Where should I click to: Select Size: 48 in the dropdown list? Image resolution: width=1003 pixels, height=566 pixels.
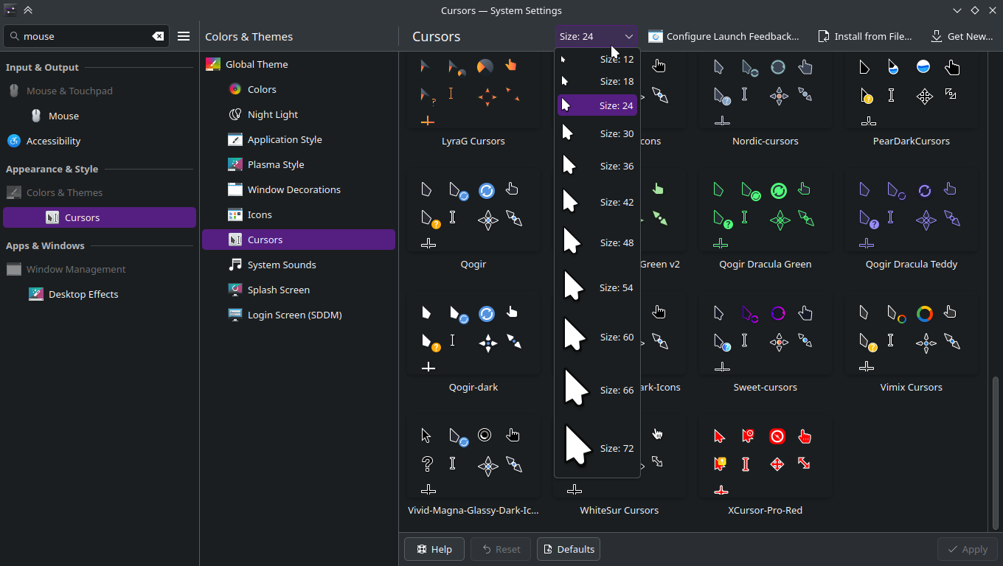click(597, 242)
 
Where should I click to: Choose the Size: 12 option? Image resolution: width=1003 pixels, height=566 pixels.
click(597, 59)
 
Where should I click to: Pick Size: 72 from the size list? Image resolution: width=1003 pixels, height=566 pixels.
click(597, 448)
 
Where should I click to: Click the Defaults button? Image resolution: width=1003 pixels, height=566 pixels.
click(568, 549)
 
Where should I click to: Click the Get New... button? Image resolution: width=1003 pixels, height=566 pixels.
click(961, 36)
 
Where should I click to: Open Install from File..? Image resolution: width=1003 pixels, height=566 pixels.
click(865, 36)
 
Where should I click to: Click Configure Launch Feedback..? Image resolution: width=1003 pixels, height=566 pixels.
click(723, 36)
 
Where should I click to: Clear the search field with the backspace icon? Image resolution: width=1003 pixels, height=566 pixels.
click(158, 36)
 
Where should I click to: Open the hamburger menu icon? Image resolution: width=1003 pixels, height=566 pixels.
click(184, 36)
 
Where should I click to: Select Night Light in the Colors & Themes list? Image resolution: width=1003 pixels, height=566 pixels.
click(273, 114)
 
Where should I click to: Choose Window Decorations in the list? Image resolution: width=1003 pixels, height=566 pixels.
click(294, 189)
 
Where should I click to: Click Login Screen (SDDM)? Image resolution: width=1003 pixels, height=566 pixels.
click(295, 315)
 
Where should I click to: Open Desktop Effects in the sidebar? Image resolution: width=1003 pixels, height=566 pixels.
click(83, 294)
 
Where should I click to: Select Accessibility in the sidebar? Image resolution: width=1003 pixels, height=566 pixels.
click(53, 141)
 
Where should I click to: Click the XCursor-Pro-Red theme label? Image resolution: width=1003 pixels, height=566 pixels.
click(766, 510)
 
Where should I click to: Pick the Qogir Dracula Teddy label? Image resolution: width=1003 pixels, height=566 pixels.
click(912, 264)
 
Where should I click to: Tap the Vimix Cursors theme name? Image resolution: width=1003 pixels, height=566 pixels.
click(912, 387)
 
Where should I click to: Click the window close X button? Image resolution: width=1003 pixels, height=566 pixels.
click(993, 10)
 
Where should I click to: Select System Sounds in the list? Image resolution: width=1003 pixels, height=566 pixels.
click(282, 265)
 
